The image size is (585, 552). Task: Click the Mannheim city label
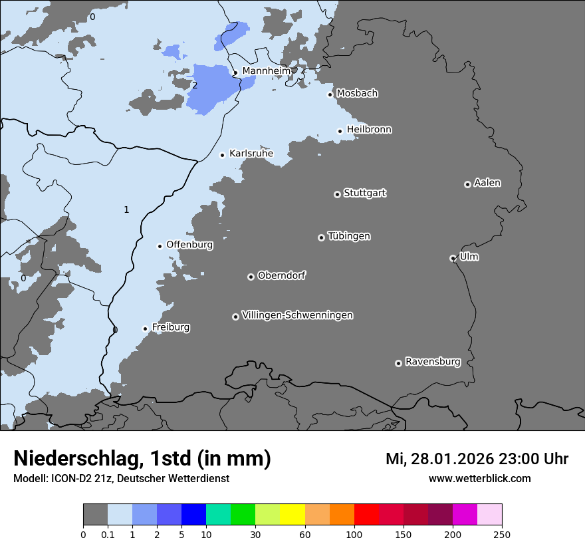266,70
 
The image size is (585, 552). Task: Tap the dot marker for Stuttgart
337,194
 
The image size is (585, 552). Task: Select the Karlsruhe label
251,154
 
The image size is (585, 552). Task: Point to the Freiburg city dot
145,329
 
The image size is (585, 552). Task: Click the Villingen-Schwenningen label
297,315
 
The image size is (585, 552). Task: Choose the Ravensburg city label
432,362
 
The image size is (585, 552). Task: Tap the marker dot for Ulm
453,258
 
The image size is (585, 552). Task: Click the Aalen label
487,183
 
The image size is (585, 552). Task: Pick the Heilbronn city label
369,130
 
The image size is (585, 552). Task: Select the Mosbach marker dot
330,94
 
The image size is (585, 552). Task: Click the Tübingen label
349,236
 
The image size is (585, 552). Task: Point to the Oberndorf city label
281,275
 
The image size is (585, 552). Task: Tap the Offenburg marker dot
160,246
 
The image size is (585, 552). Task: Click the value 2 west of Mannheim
195,85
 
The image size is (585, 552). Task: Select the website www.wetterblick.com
479,478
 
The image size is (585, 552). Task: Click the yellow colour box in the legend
292,515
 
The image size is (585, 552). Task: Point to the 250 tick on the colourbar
502,534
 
